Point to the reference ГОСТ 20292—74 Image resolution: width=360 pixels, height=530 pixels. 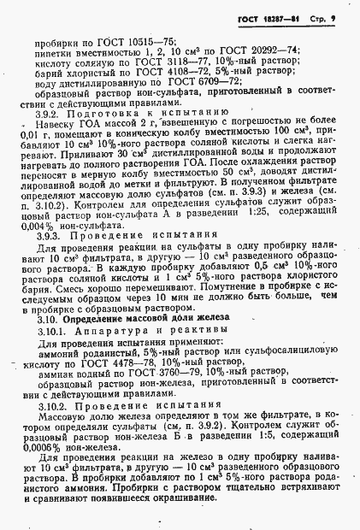269,50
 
